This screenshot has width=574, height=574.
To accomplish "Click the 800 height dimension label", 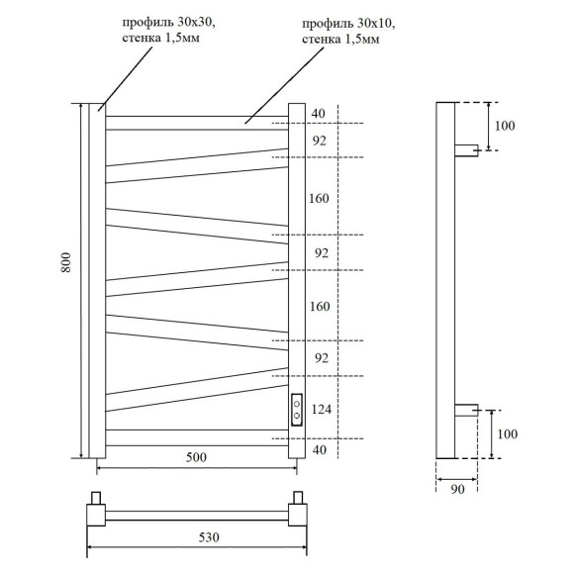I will coord(65,262).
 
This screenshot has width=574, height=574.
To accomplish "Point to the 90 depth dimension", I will coord(457,488).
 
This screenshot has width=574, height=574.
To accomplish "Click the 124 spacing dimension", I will coord(321,408).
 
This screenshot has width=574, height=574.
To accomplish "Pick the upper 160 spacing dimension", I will coord(319,198).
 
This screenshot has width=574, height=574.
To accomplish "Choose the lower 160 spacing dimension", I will coord(319,306).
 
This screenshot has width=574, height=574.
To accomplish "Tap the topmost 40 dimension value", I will coord(318,114).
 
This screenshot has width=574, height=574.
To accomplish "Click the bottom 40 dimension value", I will coord(318,450).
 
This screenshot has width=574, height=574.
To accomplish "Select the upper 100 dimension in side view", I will coord(505,126).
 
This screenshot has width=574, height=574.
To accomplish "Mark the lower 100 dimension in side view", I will coord(505,433).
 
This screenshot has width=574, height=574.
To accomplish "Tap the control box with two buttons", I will coord(296,409).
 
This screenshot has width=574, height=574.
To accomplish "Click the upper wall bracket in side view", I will coord(466,149).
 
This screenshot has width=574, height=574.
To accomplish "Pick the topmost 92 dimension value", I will coord(319,141).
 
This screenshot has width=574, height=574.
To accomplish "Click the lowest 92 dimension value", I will coord(319,357).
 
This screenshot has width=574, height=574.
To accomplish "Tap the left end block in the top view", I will coord(96,512).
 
